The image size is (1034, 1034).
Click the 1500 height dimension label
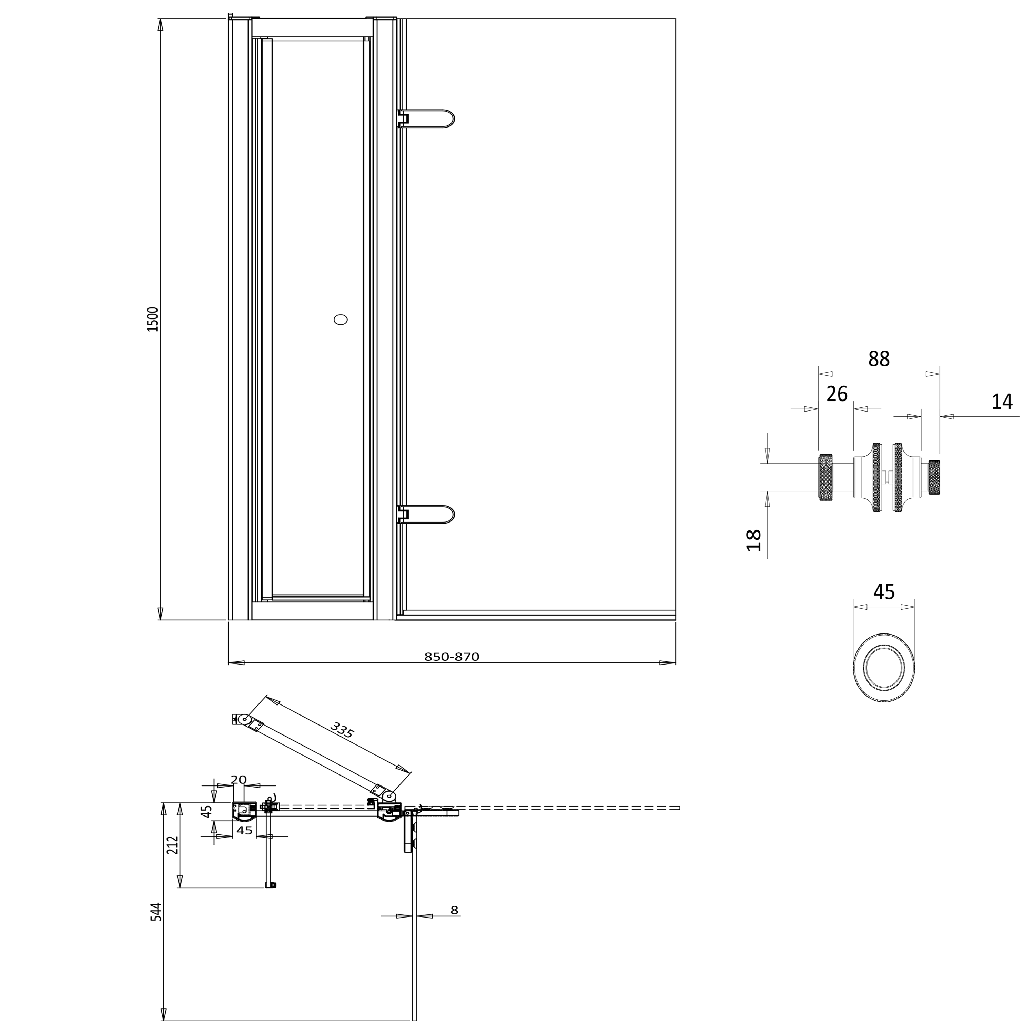tap(153, 319)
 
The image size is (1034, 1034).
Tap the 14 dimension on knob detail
tap(1002, 402)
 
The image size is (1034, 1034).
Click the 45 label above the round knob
tap(884, 592)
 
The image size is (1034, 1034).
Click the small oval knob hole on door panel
tap(341, 320)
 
